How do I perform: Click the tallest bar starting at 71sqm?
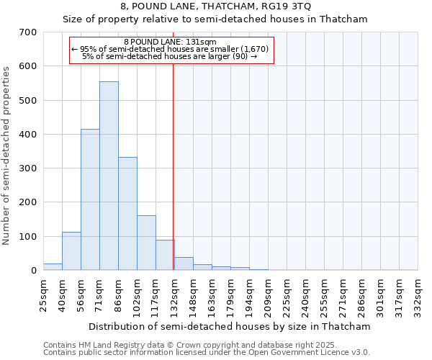pyautogui.click(x=109, y=176)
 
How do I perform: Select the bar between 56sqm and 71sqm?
pyautogui.click(x=90, y=199)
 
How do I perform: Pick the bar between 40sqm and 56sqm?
pyautogui.click(x=71, y=251)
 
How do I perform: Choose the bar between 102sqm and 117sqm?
pyautogui.click(x=146, y=243)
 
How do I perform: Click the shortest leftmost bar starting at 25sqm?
pyautogui.click(x=53, y=266)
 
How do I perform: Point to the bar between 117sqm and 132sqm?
pyautogui.click(x=165, y=255)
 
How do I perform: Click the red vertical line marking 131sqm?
pyautogui.click(x=174, y=166)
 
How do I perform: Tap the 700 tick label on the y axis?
pyautogui.click(x=29, y=32)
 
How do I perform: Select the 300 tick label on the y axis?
pyautogui.click(x=29, y=168)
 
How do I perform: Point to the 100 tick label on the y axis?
pyautogui.click(x=29, y=236)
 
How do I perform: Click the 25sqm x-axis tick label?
pyautogui.click(x=43, y=294)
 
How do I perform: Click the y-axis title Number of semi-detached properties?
pyautogui.click(x=7, y=156)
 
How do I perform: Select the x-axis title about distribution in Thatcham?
pyautogui.click(x=230, y=326)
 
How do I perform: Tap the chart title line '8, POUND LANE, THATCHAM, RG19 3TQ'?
pyautogui.click(x=216, y=7)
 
